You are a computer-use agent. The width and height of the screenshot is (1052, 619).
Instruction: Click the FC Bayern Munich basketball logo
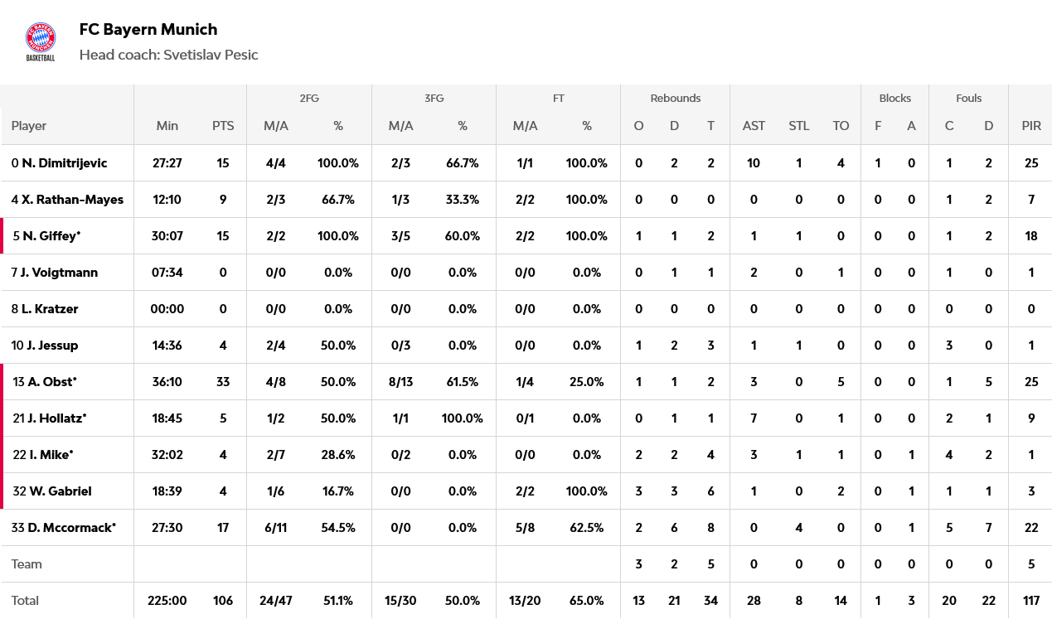pos(41,41)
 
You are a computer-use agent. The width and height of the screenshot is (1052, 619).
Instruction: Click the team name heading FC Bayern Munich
pos(148,30)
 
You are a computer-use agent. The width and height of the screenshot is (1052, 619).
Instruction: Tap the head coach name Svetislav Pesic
pos(211,56)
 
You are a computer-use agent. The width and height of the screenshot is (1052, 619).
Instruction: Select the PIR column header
pos(1031,126)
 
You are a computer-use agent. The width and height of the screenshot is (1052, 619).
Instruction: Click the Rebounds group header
pos(675,99)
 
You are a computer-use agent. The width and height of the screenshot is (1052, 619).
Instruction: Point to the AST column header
pos(754,126)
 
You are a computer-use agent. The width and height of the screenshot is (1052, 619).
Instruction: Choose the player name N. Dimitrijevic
pos(65,163)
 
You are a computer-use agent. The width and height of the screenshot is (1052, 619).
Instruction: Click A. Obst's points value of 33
pos(223,382)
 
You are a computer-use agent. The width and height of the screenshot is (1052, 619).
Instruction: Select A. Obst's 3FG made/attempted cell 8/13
pos(400,382)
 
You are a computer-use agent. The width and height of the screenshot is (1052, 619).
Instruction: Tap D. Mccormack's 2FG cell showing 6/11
pos(275,528)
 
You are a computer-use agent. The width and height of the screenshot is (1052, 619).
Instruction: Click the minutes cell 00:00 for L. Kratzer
pos(167,309)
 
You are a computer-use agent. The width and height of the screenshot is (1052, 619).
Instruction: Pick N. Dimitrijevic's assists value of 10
pos(754,163)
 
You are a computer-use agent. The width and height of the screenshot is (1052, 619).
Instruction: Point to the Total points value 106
pos(223,601)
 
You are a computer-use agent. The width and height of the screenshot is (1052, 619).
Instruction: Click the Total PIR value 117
pos(1031,601)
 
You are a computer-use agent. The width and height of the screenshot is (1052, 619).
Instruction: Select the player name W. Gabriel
pos(61,491)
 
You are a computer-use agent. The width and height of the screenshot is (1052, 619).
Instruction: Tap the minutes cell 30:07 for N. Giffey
pos(167,236)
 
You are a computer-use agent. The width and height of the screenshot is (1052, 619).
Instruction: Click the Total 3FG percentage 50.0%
pos(463,601)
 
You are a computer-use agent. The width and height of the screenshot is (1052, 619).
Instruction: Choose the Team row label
pos(27,564)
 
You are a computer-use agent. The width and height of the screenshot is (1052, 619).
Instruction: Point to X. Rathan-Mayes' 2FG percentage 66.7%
pos(338,200)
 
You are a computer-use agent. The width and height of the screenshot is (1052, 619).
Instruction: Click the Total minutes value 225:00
pos(167,601)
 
